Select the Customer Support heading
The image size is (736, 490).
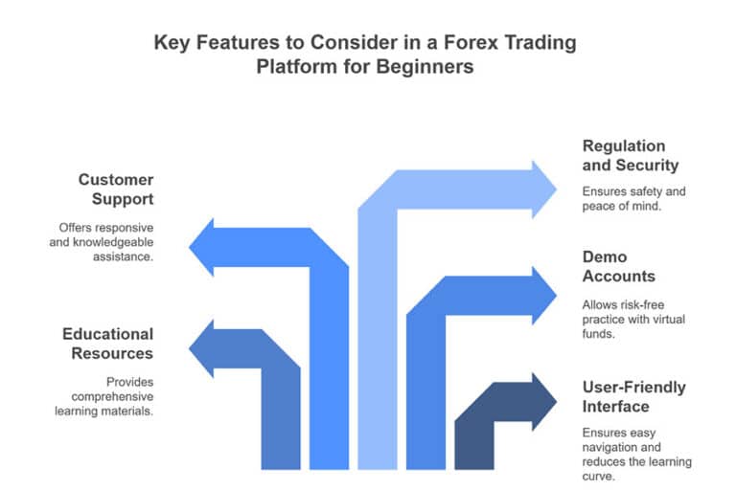(x=116, y=189)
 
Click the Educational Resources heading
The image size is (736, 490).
(x=107, y=344)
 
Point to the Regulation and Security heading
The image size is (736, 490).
(x=624, y=156)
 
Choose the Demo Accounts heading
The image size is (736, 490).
(x=619, y=266)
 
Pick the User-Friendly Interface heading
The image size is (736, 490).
(x=634, y=397)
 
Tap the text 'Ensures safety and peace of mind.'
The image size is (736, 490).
(x=633, y=198)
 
